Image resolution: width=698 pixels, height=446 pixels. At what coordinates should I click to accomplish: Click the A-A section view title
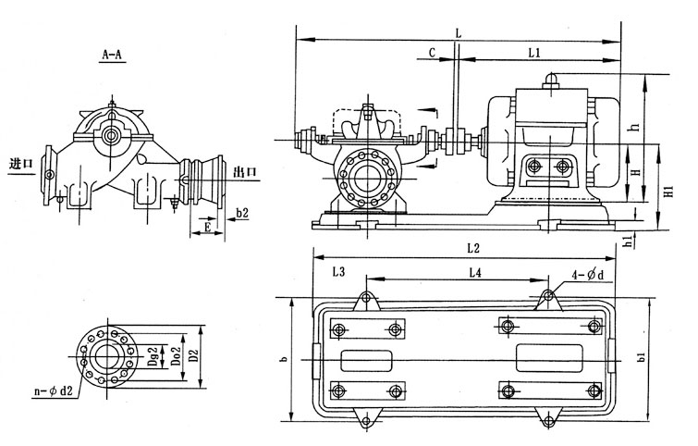(x=113, y=56)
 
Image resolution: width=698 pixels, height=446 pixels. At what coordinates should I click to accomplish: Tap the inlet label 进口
(x=19, y=164)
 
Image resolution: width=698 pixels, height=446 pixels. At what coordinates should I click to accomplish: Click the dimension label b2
(x=242, y=214)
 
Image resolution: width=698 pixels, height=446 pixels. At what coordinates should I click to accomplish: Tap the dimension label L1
(x=533, y=54)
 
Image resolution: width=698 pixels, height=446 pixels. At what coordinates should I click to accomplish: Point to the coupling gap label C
(x=432, y=54)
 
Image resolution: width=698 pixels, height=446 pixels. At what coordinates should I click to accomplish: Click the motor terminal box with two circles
(x=550, y=167)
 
